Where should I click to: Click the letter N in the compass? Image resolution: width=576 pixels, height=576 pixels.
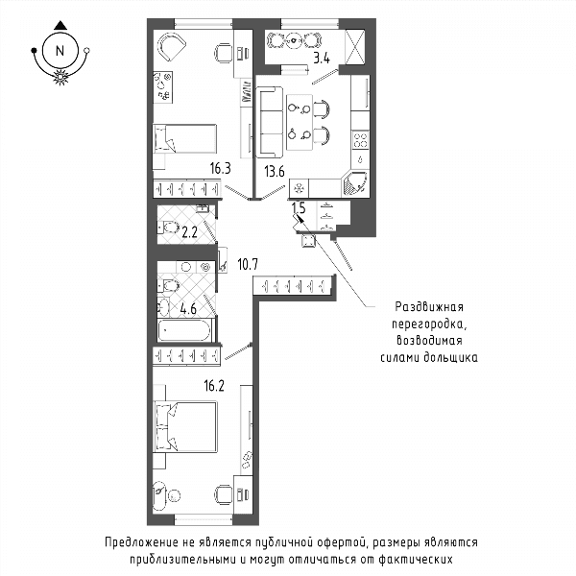click(x=60, y=51)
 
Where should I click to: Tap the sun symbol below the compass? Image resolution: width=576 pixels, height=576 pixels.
click(x=60, y=77)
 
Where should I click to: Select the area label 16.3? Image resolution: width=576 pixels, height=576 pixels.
click(x=221, y=169)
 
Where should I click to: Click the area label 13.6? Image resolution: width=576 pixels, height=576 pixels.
click(x=275, y=172)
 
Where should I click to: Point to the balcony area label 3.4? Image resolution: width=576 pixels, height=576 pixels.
click(x=322, y=58)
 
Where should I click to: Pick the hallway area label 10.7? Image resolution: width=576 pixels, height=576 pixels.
click(x=248, y=264)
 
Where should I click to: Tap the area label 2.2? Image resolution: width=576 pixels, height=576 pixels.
click(x=189, y=232)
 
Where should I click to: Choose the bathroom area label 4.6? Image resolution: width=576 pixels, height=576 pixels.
click(x=188, y=309)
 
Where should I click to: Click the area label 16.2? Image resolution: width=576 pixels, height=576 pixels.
click(x=214, y=386)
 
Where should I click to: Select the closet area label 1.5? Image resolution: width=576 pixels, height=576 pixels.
click(x=299, y=208)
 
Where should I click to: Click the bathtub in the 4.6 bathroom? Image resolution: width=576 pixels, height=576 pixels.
click(x=185, y=330)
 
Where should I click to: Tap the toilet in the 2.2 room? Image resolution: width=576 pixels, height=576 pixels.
click(x=169, y=228)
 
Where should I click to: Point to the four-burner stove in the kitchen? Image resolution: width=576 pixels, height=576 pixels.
click(x=360, y=140)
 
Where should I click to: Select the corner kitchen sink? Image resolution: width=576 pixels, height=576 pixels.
click(x=355, y=183)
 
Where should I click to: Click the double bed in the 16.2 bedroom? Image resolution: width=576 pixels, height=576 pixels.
click(x=185, y=426)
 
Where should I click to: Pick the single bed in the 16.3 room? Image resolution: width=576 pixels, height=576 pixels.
click(x=184, y=138)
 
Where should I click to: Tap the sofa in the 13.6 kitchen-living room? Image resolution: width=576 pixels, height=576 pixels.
click(x=270, y=122)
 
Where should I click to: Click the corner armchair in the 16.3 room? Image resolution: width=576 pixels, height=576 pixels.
click(x=171, y=46)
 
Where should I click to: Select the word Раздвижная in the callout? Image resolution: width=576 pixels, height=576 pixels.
click(x=429, y=307)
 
